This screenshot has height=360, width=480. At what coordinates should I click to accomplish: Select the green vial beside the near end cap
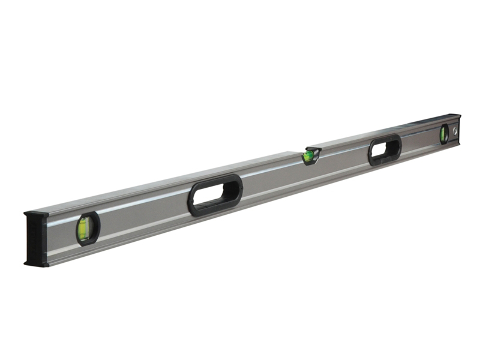[x=83, y=229]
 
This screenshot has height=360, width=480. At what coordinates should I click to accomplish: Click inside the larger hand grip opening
[x=215, y=194]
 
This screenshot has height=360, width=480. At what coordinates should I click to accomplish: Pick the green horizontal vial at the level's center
[x=309, y=157]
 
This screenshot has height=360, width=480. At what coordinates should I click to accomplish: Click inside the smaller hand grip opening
[x=385, y=150]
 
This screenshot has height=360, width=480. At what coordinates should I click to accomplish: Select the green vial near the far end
[x=444, y=134]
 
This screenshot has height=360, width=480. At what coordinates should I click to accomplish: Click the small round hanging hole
[x=455, y=130]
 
